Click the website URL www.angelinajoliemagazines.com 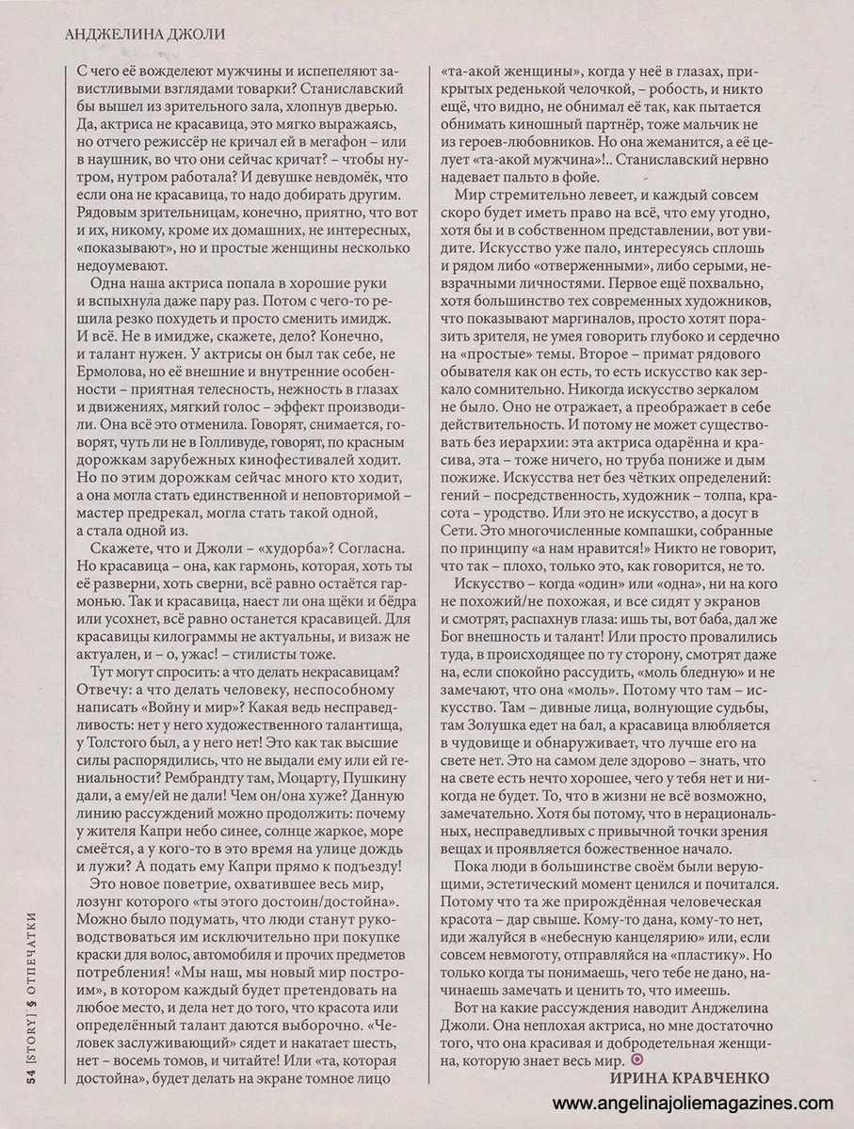coord(692,1103)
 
